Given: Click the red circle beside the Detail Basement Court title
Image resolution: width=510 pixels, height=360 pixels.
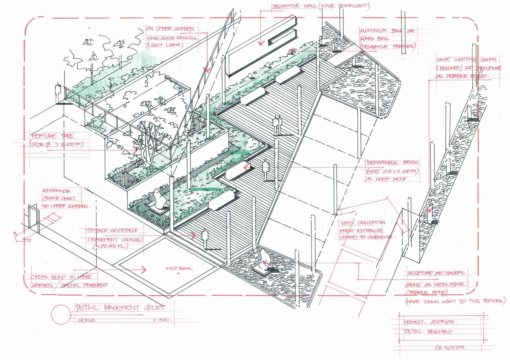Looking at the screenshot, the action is [60, 314].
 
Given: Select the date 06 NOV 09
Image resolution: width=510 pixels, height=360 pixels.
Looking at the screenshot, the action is [450, 347].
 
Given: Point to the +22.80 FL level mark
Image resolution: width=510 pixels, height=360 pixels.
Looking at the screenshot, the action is [178, 269].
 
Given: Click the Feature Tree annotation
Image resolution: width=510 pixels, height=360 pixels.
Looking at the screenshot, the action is [57, 140].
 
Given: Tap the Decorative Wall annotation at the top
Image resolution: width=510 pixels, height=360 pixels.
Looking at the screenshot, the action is [321, 6].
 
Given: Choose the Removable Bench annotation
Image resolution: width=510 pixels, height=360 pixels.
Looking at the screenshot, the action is [392, 170].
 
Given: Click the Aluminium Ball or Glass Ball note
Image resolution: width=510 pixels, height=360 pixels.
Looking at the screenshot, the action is [387, 39].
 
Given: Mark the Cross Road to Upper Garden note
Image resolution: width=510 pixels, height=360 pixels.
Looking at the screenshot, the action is [68, 281].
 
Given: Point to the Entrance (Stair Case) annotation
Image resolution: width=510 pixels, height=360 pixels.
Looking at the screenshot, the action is [64, 198].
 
